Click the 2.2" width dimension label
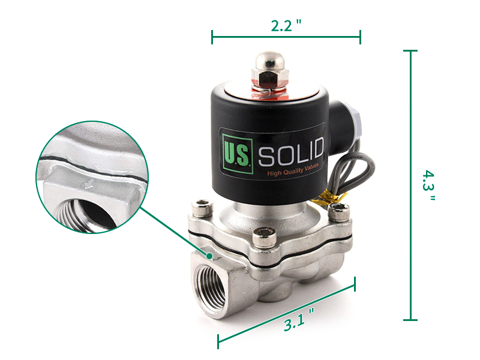coord(286,25)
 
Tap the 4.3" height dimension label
coord(428,185)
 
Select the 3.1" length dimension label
coord(298,320)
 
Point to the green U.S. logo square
coord(238,154)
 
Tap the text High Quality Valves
coord(293,169)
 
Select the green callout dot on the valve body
coord(209,256)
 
